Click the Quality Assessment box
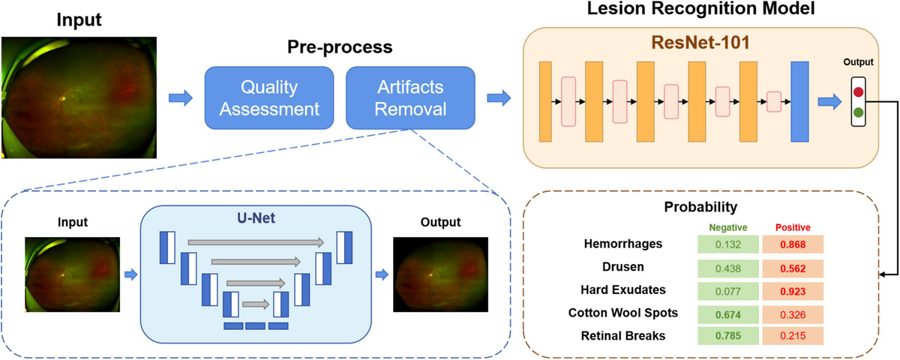[270, 97]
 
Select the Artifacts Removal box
[410, 97]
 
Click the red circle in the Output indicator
[857, 94]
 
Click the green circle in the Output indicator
[857, 113]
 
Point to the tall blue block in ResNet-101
[799, 102]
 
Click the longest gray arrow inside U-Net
[255, 242]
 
